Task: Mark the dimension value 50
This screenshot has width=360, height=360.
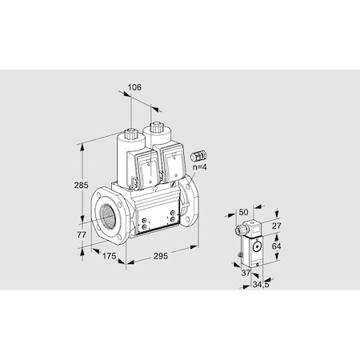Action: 244,212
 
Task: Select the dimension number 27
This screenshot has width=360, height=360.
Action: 277,227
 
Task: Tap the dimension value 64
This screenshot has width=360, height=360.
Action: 278,247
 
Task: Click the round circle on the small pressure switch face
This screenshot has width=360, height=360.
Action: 256,246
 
